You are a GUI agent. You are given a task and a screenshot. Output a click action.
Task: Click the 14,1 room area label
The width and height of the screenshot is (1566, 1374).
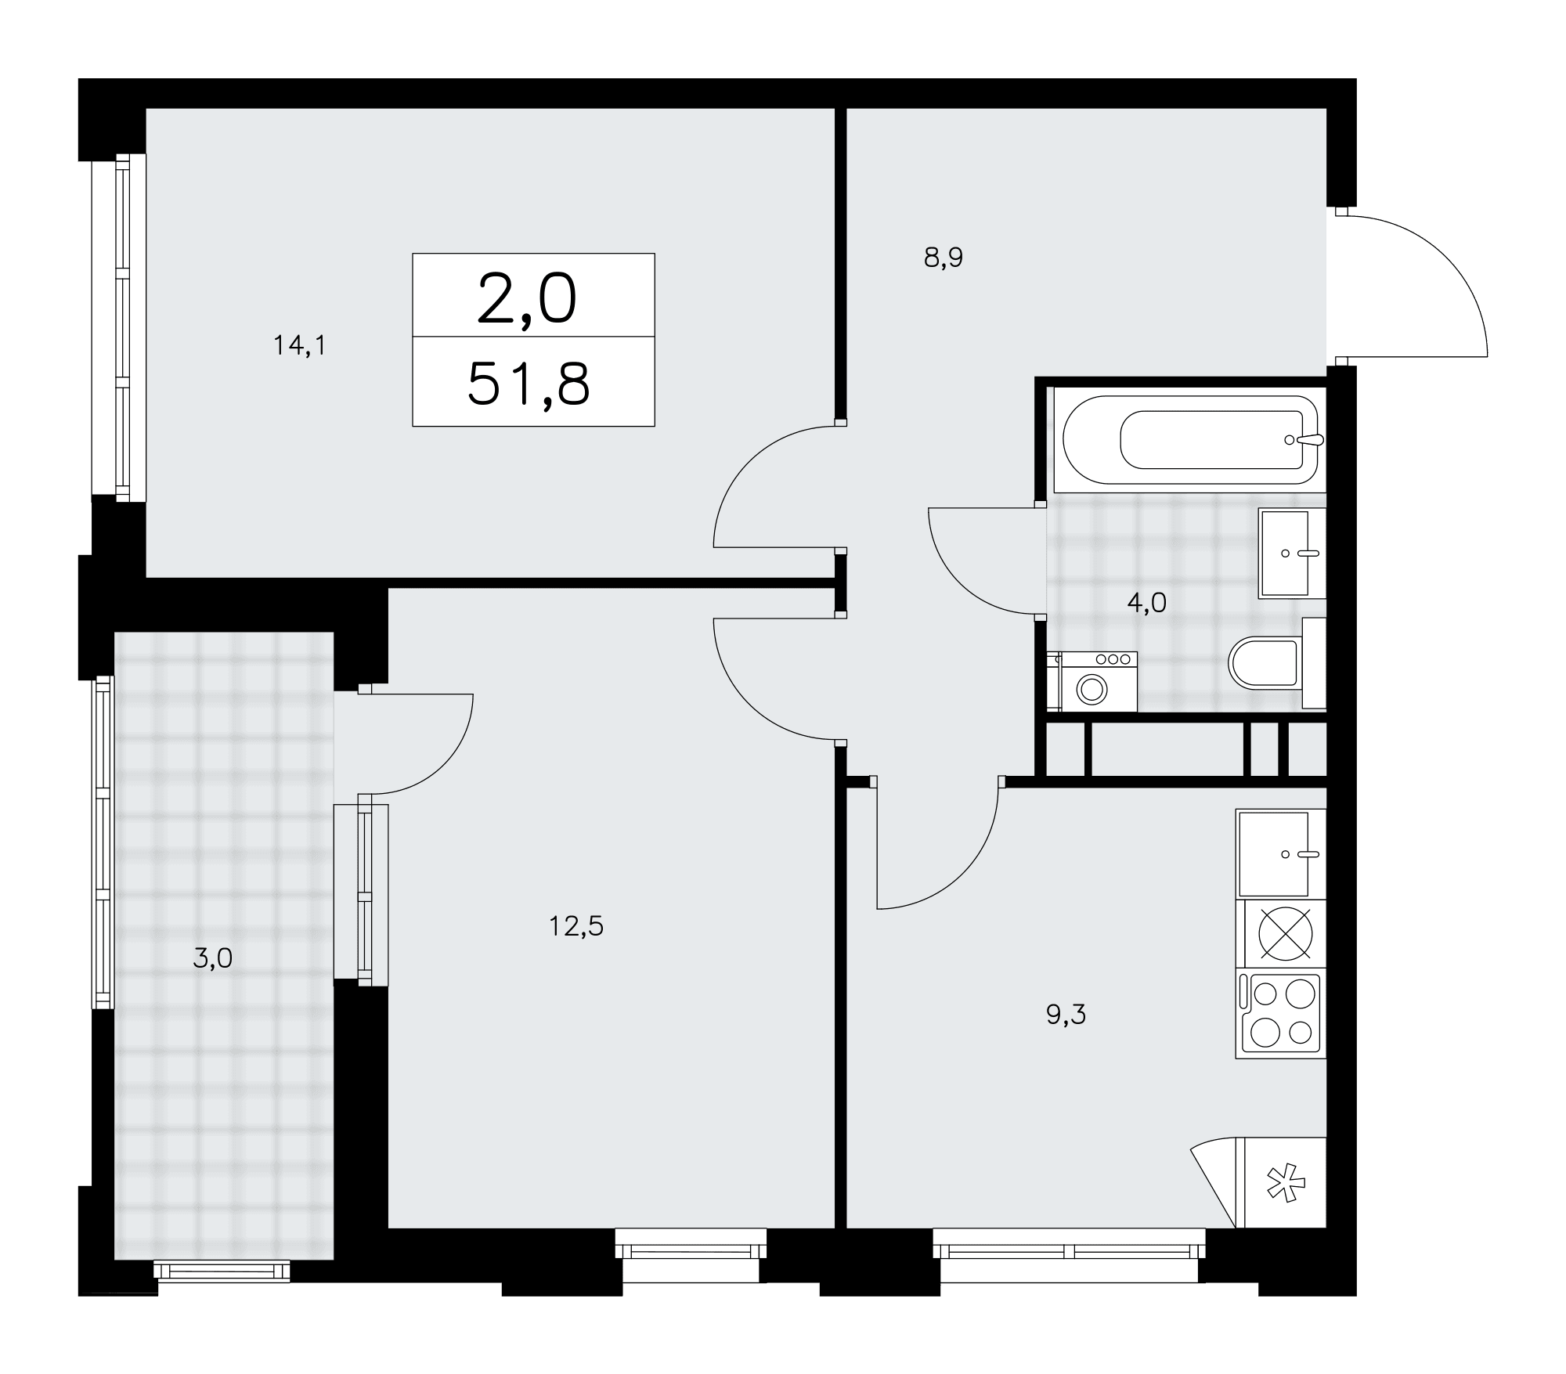pos(299,345)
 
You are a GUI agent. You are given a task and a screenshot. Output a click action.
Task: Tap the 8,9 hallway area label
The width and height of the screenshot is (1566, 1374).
pos(943,258)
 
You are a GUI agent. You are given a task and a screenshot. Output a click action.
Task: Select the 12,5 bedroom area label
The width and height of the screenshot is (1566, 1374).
pos(576,927)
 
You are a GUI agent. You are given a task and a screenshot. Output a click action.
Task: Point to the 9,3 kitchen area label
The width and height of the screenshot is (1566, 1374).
pos(1066,1015)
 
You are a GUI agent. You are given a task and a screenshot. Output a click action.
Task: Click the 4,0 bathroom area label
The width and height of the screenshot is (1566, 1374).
pos(1147,602)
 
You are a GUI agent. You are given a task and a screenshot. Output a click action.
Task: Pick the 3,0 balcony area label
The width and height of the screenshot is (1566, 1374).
pos(212,958)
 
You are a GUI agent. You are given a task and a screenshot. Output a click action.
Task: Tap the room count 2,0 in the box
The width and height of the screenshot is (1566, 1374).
pos(527,300)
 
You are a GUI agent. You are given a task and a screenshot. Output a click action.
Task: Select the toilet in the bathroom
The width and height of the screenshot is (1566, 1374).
pos(1276,662)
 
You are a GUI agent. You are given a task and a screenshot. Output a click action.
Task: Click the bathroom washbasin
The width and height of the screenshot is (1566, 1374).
pos(1292,553)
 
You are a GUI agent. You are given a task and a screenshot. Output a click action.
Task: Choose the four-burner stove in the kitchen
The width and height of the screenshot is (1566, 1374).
pos(1281,1015)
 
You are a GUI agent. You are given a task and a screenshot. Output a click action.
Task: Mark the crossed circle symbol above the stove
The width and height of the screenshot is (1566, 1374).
pos(1285,934)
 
